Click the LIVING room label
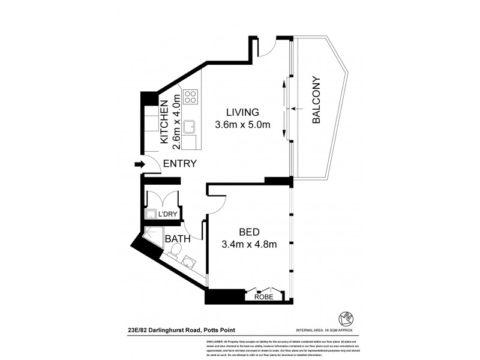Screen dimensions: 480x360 point(242,112)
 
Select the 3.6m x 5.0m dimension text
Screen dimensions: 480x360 point(242,125)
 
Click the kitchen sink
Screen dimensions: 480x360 point(190,127)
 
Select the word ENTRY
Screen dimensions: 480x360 point(180,164)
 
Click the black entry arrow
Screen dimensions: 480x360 point(139,164)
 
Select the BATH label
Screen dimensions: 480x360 point(178,239)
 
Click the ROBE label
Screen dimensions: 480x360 point(263,296)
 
